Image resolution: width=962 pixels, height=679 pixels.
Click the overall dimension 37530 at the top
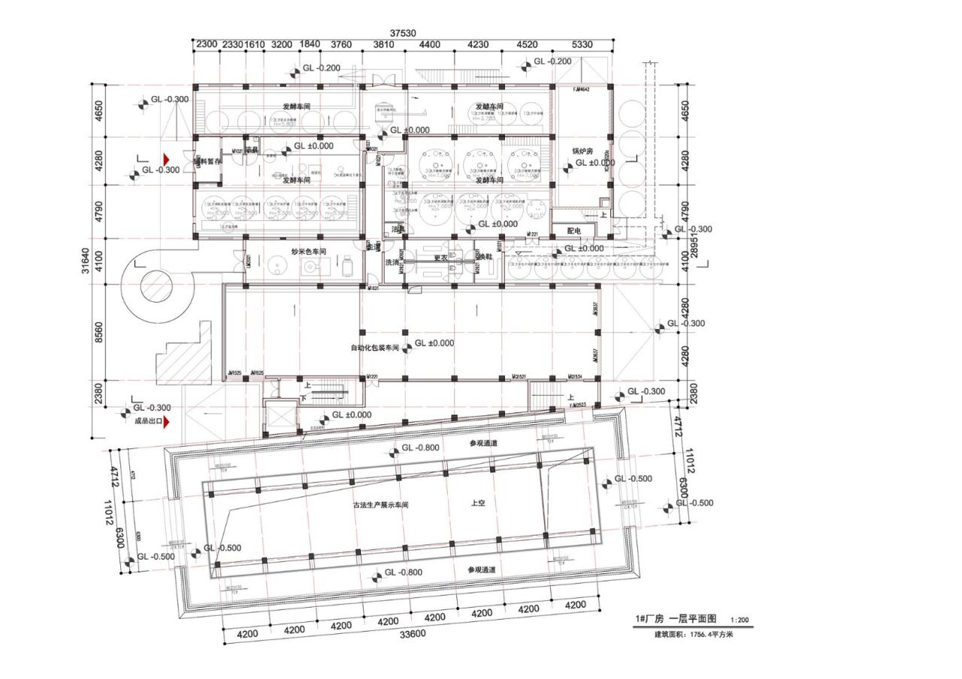(403, 34)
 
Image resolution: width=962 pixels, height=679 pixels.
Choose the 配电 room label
(574, 231)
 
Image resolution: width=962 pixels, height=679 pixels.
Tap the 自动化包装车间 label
(374, 348)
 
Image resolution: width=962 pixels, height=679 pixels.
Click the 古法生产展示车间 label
(380, 505)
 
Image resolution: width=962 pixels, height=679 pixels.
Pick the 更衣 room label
(440, 258)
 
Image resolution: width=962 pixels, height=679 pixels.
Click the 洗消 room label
(392, 262)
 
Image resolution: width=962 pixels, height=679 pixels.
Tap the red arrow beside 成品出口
(166, 422)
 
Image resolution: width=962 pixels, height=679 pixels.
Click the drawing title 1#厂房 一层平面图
(676, 619)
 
